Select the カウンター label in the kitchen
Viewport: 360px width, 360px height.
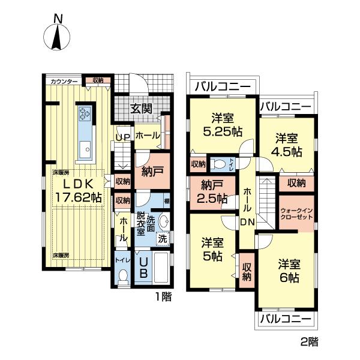62,81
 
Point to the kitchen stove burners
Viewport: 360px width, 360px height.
83,113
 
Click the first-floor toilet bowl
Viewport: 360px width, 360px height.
124,276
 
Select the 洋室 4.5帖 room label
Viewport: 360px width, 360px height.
287,144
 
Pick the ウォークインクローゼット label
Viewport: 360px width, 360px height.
296,214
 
